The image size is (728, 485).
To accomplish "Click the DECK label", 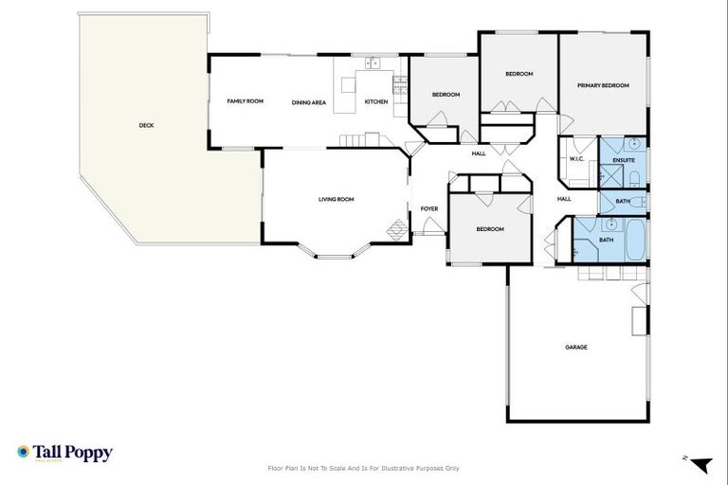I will [x=146, y=125].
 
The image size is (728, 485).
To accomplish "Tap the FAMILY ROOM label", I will [x=245, y=101].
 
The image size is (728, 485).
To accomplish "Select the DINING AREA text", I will [x=309, y=102].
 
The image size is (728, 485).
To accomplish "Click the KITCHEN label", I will [x=376, y=102].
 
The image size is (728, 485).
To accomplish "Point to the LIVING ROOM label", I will [x=336, y=199].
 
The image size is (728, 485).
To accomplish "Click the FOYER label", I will [x=429, y=208].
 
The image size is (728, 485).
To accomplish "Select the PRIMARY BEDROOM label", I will [x=604, y=85].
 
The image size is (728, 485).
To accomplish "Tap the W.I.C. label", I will [x=576, y=159].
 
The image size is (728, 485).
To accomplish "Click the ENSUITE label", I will [x=623, y=160].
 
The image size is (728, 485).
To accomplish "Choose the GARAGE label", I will [x=576, y=347].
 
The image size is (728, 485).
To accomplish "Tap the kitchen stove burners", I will [x=402, y=86].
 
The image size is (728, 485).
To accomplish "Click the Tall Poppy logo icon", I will [x=23, y=453].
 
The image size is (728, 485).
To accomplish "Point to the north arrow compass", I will [x=699, y=464].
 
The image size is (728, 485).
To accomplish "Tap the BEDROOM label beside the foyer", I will [x=490, y=229].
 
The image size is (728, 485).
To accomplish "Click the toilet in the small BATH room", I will [x=637, y=202].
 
